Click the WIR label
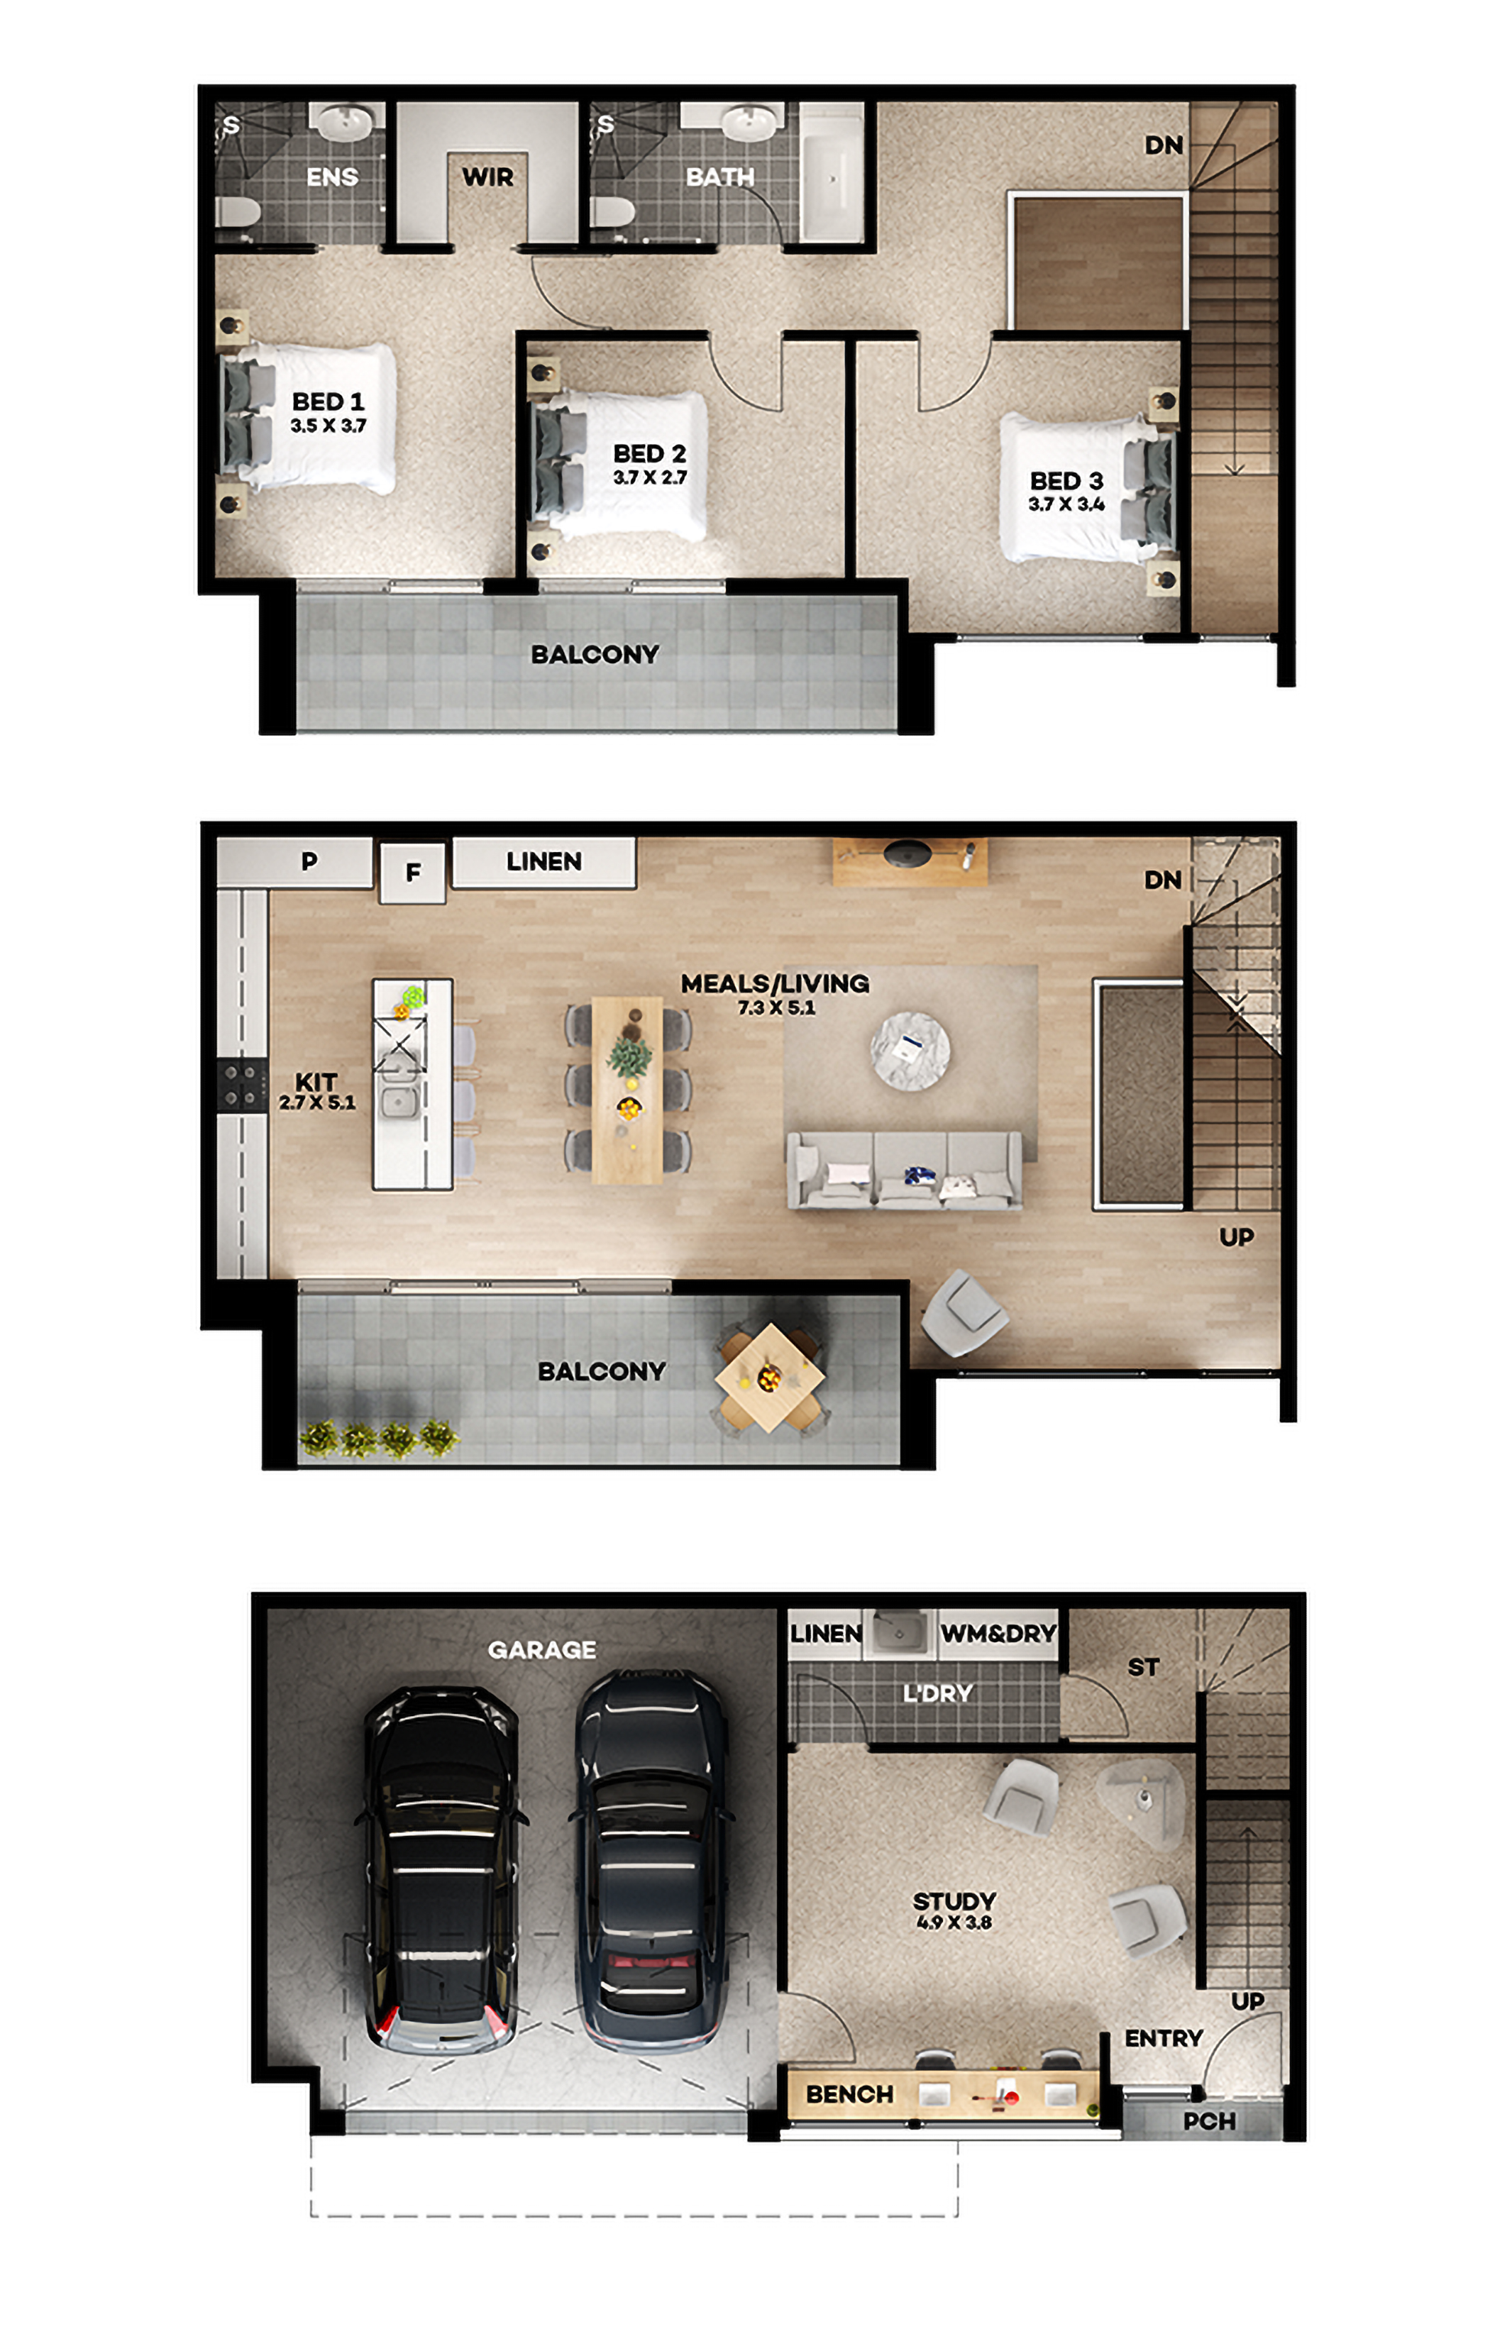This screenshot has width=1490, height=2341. [487, 177]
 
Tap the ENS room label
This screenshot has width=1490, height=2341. [331, 177]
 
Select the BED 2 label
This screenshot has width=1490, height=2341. [650, 453]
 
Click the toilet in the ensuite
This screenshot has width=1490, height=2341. [237, 211]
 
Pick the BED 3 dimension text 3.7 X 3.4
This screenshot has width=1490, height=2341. [1066, 504]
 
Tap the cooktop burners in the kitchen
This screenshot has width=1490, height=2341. [241, 1085]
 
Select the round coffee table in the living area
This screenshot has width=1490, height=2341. [910, 1050]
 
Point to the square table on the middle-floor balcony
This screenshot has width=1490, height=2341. [769, 1378]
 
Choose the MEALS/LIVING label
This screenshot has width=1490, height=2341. [775, 983]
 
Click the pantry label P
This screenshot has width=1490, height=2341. [309, 861]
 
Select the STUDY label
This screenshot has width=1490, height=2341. [954, 1900]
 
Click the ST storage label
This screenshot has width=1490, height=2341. [1143, 1667]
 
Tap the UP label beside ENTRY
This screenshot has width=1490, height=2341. [1248, 2000]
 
